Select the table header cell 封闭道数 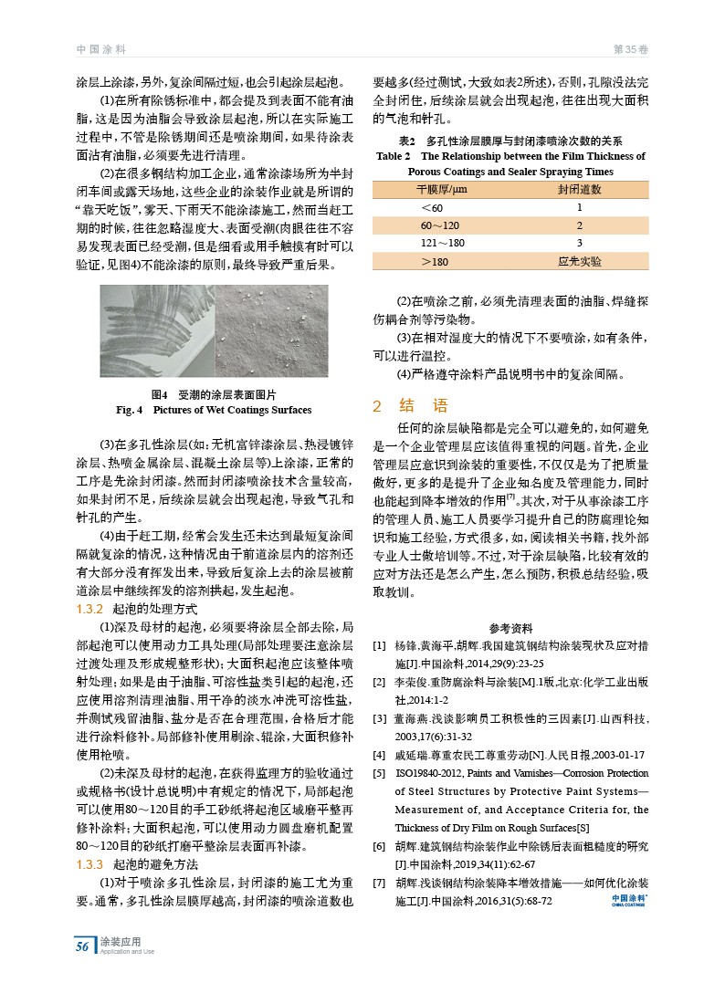coord(579,189)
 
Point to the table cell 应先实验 coord(579,261)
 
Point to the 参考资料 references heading coord(510,628)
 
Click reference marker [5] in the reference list coord(378,774)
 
